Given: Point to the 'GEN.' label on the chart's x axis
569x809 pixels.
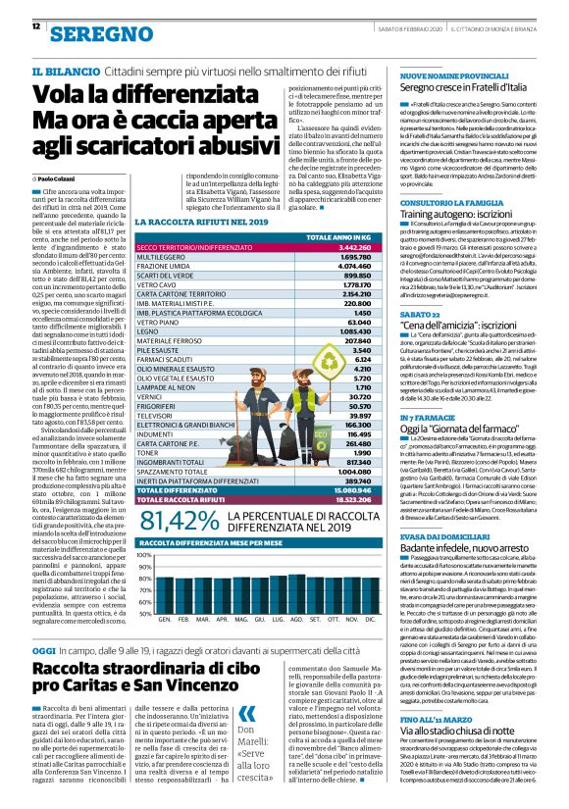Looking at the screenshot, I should [165, 620].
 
